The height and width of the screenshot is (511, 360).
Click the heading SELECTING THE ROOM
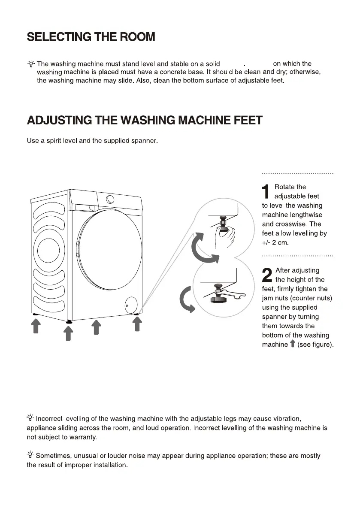(x=91, y=37)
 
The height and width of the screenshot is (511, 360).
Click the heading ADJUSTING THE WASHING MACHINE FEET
(x=144, y=120)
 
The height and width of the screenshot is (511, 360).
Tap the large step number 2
(x=266, y=275)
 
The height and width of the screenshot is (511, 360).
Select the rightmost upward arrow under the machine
(x=137, y=324)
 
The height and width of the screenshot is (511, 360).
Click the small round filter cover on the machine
(x=131, y=305)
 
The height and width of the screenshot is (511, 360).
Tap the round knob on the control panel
(x=110, y=199)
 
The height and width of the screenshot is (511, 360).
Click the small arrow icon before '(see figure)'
(x=292, y=344)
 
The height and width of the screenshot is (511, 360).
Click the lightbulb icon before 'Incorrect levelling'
(x=30, y=418)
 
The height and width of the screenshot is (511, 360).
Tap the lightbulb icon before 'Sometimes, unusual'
(x=30, y=455)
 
